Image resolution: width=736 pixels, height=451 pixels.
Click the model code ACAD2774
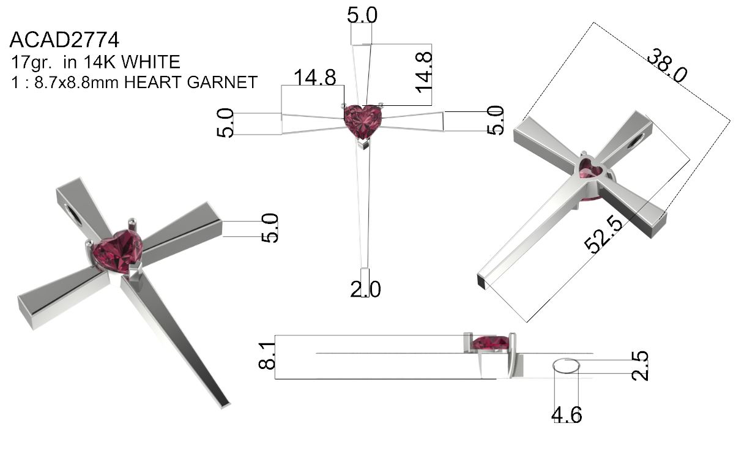(64, 40)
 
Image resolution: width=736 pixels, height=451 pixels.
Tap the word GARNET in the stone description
(222, 82)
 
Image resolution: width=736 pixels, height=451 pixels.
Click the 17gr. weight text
(32, 62)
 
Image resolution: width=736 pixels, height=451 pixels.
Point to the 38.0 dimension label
(667, 65)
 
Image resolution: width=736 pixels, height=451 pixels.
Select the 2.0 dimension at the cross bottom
(365, 289)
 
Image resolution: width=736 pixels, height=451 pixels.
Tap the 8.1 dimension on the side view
(267, 356)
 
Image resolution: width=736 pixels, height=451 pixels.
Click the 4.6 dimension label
(567, 415)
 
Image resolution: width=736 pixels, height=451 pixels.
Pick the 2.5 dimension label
(640, 366)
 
